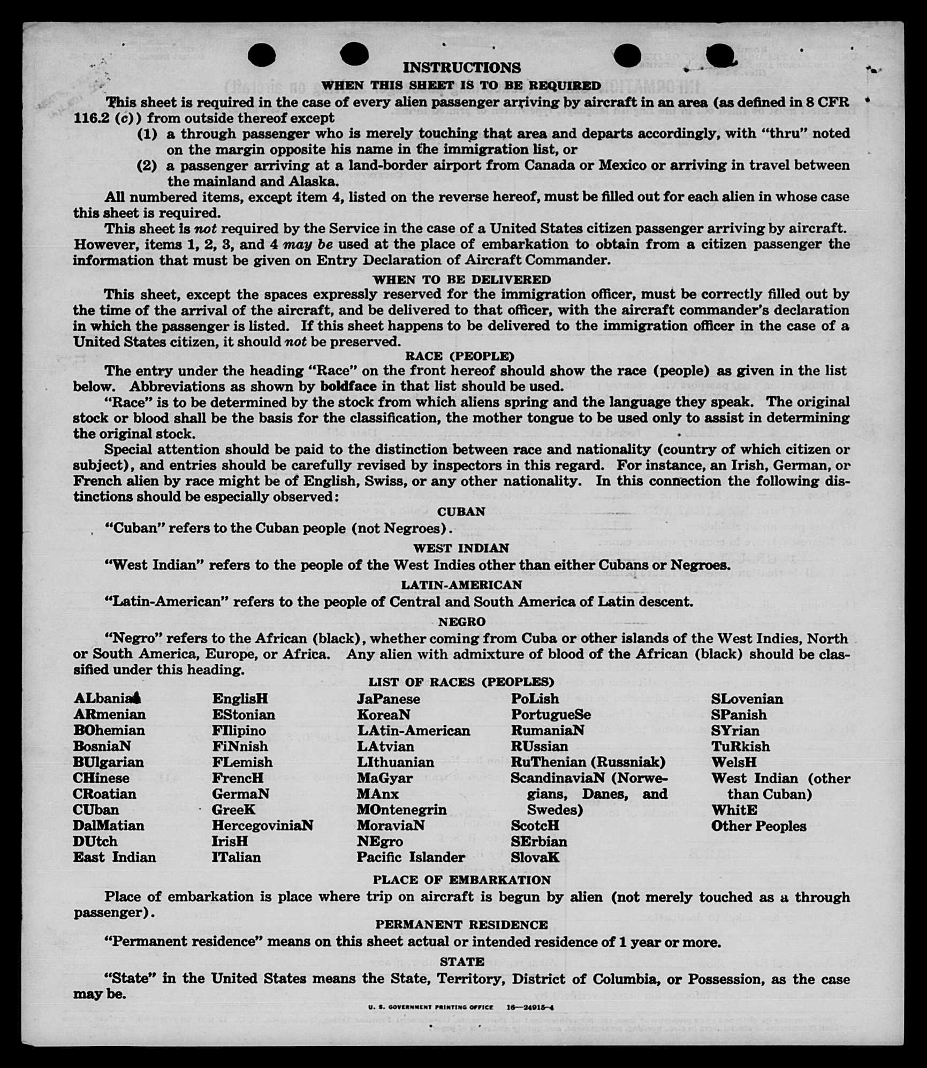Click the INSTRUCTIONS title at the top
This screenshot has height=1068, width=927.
tap(461, 68)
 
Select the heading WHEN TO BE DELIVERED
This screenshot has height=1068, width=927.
tap(461, 279)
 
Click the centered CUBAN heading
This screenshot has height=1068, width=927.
tap(461, 512)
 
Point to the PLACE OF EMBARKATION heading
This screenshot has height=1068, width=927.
tap(461, 880)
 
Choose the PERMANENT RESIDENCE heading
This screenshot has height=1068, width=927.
tap(461, 925)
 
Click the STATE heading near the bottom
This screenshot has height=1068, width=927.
tap(461, 961)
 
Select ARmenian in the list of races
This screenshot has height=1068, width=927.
tap(110, 715)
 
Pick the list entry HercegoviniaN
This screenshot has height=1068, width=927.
tap(262, 825)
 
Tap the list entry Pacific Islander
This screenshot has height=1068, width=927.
tap(411, 857)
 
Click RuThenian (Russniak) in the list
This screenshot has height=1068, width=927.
tap(588, 762)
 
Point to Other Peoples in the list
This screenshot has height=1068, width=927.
tap(758, 826)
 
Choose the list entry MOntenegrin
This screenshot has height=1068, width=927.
tap(401, 809)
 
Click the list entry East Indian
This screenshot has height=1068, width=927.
tap(115, 857)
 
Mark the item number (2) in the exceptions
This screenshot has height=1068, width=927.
tap(147, 165)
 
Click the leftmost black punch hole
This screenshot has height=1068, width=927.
tap(262, 55)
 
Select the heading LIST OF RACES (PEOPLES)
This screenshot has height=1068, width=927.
tap(461, 681)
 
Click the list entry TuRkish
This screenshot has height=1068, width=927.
tap(740, 746)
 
